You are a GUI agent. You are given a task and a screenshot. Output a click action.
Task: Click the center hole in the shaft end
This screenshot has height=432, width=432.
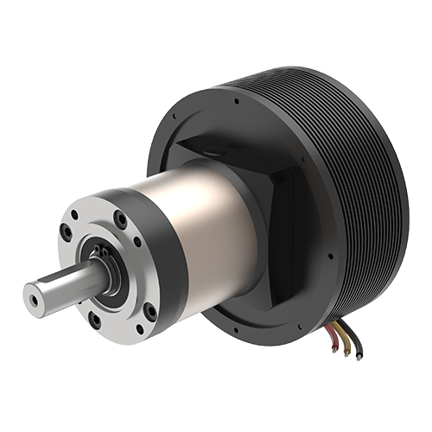coord(34,299)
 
